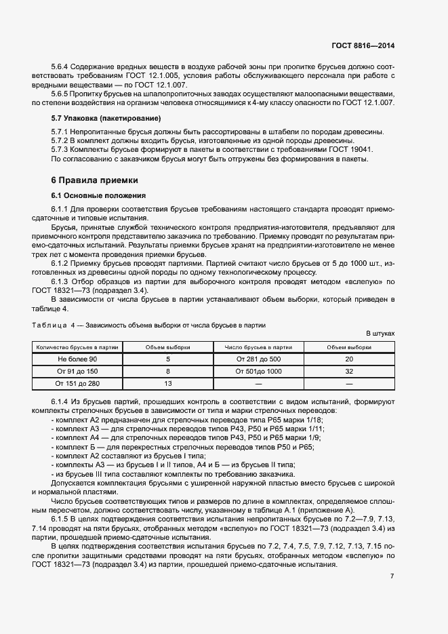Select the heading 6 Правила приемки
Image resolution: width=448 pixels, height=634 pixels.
point(95,180)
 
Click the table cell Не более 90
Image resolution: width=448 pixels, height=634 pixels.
point(77,359)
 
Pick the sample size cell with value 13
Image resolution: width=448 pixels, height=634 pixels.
point(168,383)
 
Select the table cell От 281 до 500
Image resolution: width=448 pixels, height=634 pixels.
point(258,359)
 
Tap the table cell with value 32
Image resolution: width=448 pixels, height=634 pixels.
point(349,371)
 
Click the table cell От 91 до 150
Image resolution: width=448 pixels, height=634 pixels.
point(77,371)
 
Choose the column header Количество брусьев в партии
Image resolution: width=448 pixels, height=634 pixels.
point(77,346)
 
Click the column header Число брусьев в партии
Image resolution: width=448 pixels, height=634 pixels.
point(258,346)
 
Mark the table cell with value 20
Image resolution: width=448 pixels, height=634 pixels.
point(349,359)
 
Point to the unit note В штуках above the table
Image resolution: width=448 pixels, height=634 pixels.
point(380,334)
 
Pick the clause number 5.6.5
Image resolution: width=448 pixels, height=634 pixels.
point(62,94)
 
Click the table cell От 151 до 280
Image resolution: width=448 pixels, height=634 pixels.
point(77,383)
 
